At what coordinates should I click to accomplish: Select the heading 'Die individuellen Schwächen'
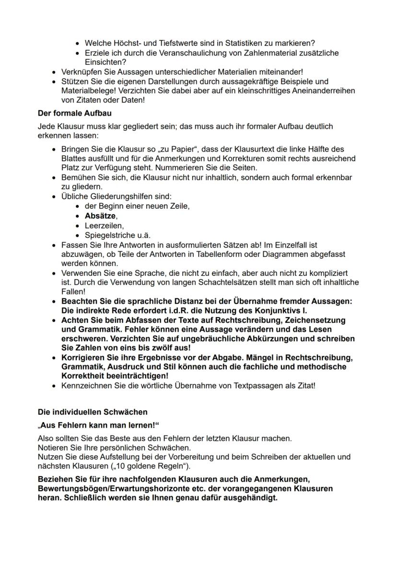point(93,412)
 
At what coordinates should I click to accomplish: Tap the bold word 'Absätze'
point(101,216)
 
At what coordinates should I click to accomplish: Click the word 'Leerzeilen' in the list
point(104,225)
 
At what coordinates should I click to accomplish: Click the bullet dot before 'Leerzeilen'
point(78,225)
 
